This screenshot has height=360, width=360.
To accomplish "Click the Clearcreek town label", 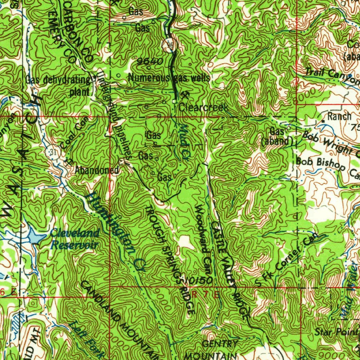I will click(203, 107).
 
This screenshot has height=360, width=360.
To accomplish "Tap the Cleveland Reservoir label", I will click(75, 239).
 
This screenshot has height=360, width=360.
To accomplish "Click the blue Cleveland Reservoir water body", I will click(35, 237).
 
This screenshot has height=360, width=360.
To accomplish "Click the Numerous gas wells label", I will click(169, 78).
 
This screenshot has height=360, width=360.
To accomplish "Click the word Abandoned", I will click(97, 171).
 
